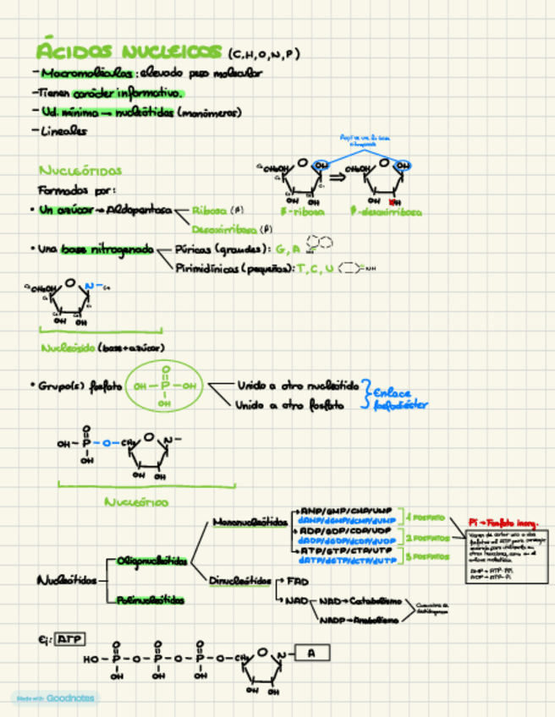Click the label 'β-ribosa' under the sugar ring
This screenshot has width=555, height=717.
coord(302,213)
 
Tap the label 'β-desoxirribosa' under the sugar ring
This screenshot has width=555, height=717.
coord(386,213)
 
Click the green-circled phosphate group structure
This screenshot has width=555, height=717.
coord(165,386)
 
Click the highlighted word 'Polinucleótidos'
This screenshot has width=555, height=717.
coord(150,599)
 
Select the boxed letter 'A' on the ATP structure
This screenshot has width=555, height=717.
coord(311,653)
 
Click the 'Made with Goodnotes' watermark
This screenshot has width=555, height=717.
coord(53,698)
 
